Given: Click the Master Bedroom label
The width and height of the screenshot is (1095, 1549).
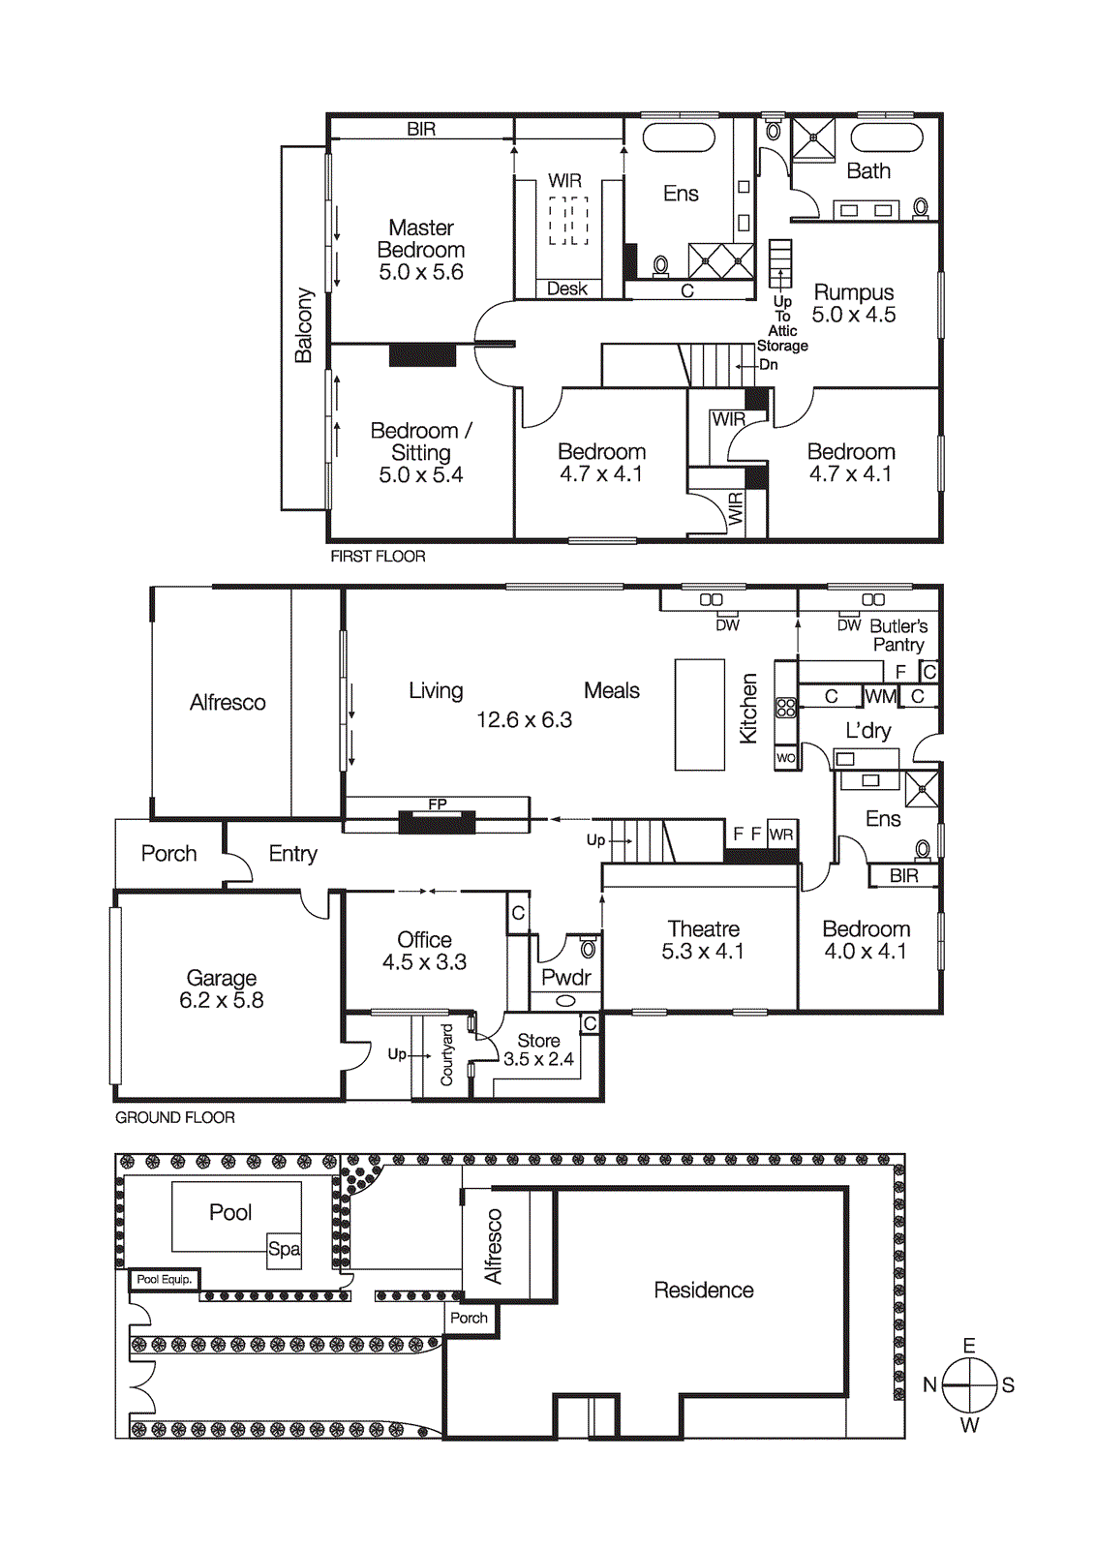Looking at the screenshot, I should (421, 239).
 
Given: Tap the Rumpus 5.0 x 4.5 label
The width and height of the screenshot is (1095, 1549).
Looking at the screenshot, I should (853, 303).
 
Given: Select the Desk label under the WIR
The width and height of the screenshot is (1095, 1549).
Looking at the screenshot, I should (566, 289).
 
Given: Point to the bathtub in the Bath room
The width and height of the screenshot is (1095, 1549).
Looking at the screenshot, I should (886, 137).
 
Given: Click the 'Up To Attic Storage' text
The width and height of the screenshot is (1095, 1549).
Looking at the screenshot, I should (782, 323).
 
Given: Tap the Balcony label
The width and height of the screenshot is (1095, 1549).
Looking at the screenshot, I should (304, 325).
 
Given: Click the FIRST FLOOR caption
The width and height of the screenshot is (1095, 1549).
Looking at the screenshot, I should (378, 556).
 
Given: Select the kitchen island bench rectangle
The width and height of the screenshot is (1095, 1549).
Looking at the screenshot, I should (699, 714).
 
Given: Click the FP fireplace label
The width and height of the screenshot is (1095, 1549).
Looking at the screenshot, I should (438, 804).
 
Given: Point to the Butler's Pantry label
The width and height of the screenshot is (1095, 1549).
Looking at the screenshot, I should (897, 635).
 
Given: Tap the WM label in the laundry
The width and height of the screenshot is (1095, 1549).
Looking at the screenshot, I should (880, 696).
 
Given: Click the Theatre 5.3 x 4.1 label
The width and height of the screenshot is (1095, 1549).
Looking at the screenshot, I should (703, 940).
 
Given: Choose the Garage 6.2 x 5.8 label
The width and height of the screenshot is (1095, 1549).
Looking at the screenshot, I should (222, 988).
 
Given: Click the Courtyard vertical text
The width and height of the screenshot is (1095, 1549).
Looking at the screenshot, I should (446, 1054).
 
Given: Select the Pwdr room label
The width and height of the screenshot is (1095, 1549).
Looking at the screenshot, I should (565, 977).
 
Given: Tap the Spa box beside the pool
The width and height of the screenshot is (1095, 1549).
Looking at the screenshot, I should (284, 1249).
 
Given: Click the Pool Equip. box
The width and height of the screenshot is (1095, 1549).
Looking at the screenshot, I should (165, 1279).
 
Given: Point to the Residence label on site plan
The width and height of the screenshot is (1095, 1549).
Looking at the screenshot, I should (703, 1290).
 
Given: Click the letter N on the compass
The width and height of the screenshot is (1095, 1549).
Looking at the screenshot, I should (929, 1384).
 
